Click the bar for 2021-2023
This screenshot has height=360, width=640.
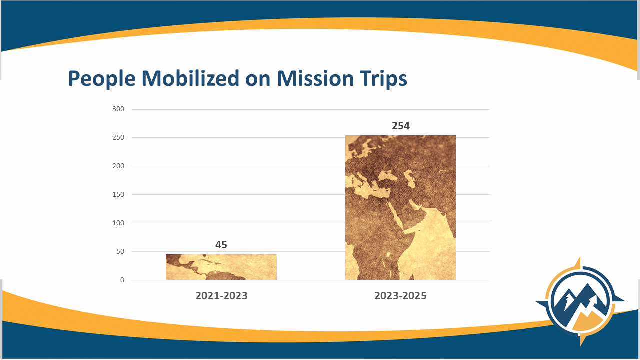[x=221, y=267]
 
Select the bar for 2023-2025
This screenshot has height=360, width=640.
[x=400, y=207]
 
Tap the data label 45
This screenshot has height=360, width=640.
[x=221, y=245]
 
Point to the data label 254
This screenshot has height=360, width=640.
[x=401, y=126]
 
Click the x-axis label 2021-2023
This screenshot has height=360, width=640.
[x=221, y=296]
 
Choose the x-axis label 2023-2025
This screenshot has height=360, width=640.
[x=400, y=296]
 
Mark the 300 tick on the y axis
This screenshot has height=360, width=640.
[x=118, y=109]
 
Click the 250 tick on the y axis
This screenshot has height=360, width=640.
[x=118, y=137]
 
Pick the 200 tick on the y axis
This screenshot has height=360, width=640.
[x=118, y=166]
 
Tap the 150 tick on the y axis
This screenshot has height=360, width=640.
[x=118, y=195]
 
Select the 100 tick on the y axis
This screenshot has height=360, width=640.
[x=118, y=223]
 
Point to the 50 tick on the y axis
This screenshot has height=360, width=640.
[x=120, y=251]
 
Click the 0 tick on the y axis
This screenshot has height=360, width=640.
[x=122, y=280]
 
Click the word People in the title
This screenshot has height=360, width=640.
[x=102, y=79]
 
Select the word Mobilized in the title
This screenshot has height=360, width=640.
[x=190, y=78]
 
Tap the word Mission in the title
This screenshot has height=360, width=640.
[x=315, y=78]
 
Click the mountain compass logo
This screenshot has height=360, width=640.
[x=580, y=301]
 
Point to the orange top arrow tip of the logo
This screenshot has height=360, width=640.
[x=579, y=257]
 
